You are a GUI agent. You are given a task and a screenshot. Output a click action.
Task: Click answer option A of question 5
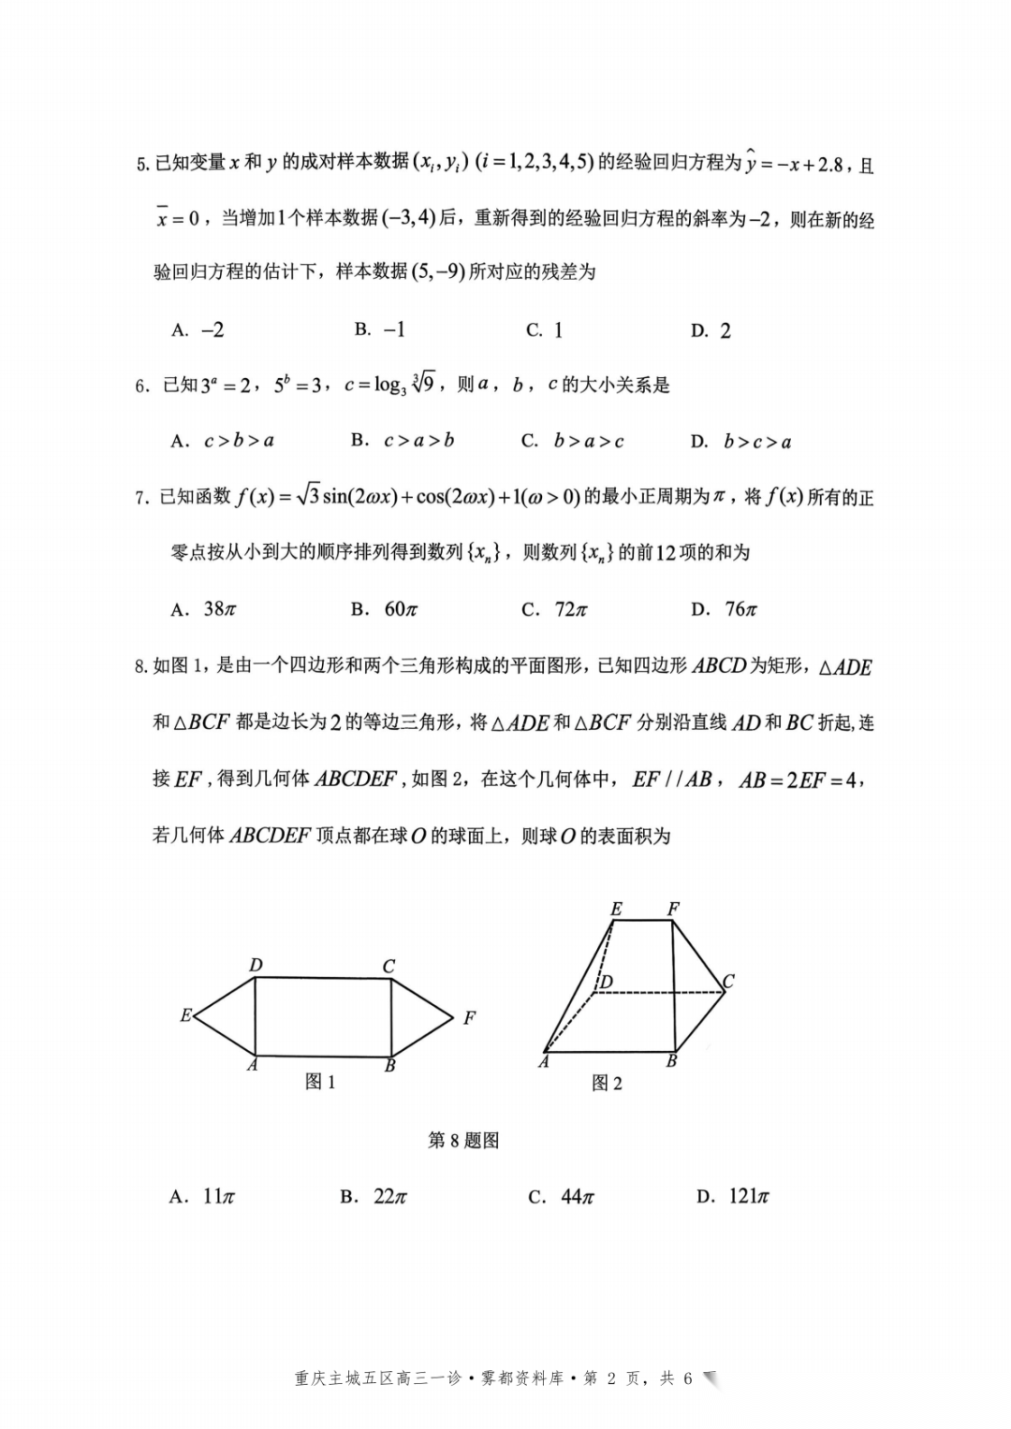click(198, 330)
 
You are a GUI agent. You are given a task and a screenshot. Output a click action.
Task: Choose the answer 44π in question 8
click(561, 1196)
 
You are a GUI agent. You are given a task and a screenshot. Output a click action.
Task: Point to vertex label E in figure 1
click(186, 1015)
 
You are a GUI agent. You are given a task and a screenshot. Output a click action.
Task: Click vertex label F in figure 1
click(469, 1018)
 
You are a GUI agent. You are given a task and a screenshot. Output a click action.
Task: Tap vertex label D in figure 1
click(256, 966)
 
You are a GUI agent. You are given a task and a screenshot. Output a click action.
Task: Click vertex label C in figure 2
click(728, 981)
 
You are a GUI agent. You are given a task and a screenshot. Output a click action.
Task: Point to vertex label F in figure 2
click(673, 909)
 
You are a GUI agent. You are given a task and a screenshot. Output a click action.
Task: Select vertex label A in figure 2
click(544, 1062)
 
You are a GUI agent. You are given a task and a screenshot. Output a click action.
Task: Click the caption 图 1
click(320, 1082)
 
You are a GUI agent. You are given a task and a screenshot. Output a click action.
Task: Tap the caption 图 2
click(607, 1084)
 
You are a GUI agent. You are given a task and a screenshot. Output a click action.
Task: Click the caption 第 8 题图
click(463, 1141)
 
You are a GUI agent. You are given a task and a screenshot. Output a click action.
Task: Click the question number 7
click(141, 498)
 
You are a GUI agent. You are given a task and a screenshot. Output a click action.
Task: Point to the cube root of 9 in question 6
click(423, 384)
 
